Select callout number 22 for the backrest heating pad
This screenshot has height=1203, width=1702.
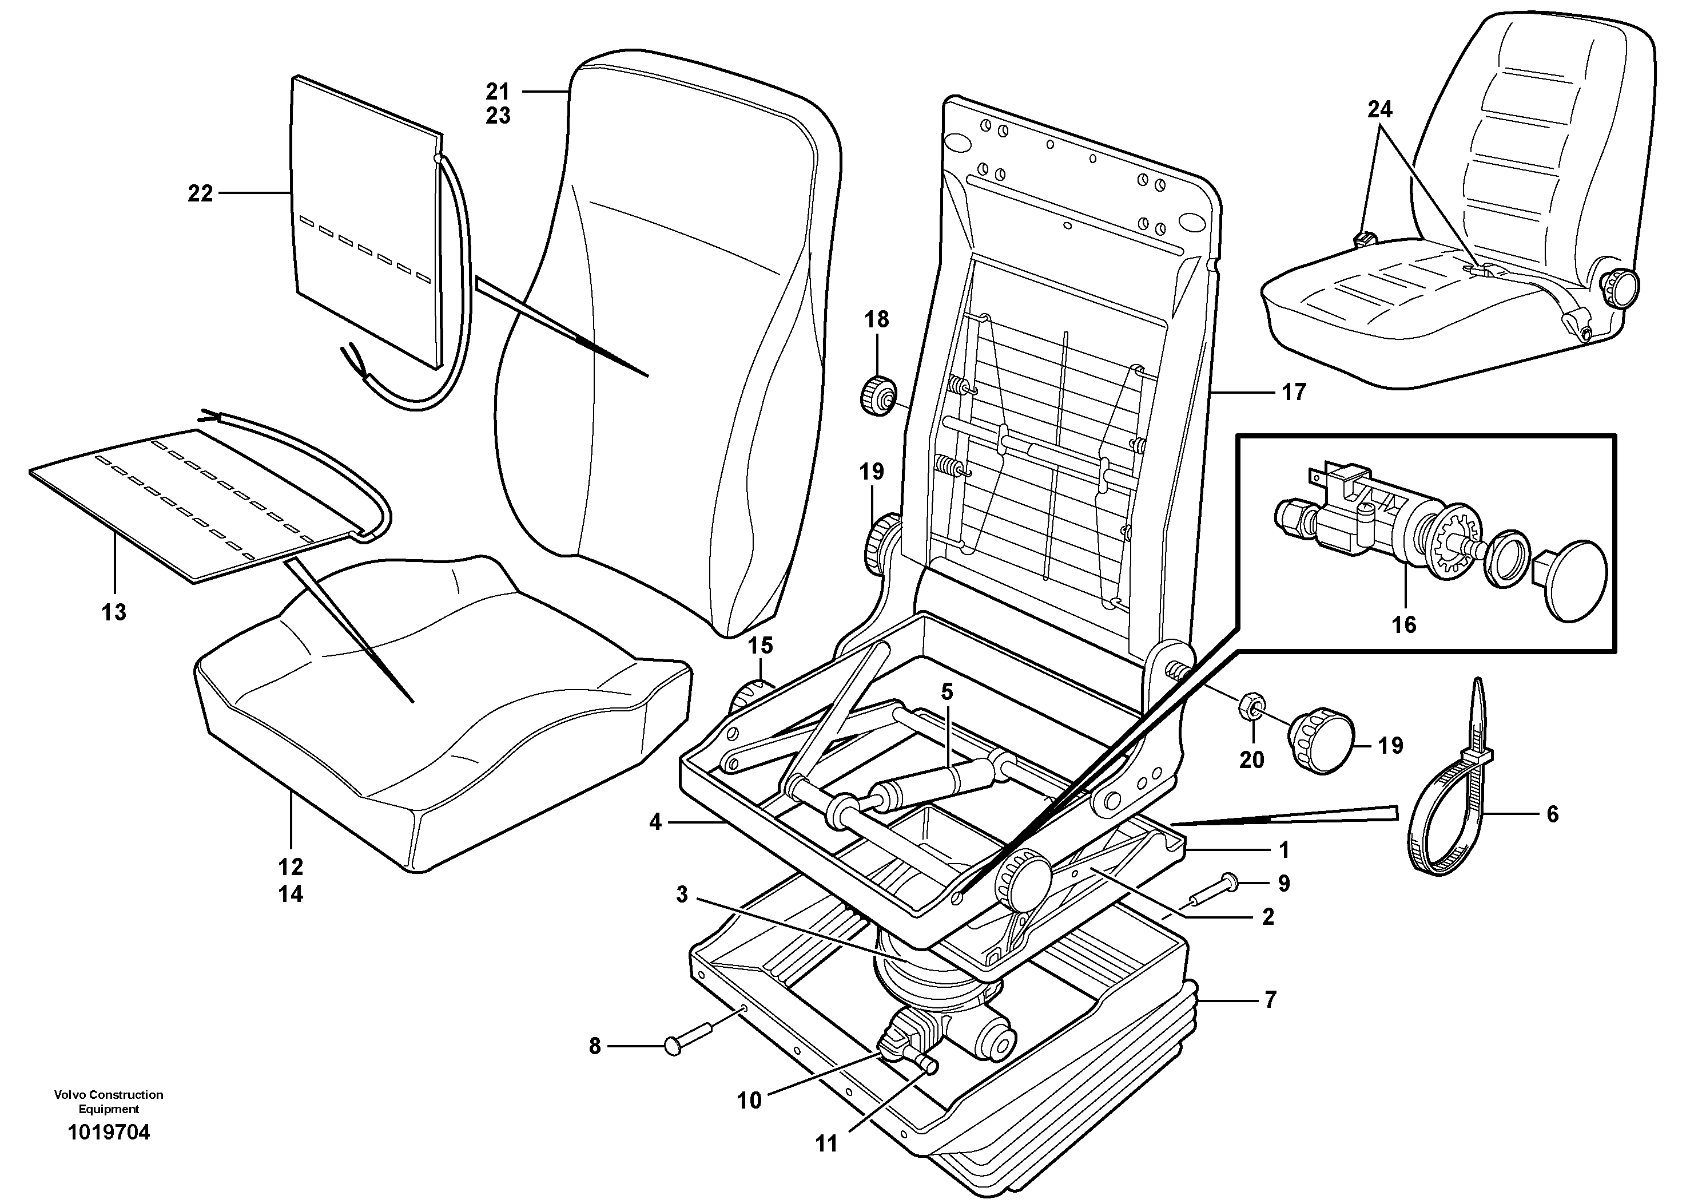[x=200, y=193]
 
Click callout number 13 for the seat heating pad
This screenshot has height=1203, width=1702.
[x=114, y=612]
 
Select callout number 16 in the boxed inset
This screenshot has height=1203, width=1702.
[x=1404, y=624]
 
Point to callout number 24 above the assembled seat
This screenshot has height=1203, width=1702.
[x=1379, y=110]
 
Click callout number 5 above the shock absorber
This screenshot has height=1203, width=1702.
[x=947, y=692]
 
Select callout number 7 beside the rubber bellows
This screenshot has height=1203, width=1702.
[x=1270, y=1000]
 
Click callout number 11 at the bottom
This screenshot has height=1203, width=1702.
[x=826, y=1145]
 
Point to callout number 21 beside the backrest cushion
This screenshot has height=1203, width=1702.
[x=498, y=92]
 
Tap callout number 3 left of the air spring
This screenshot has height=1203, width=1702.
[x=682, y=895]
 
